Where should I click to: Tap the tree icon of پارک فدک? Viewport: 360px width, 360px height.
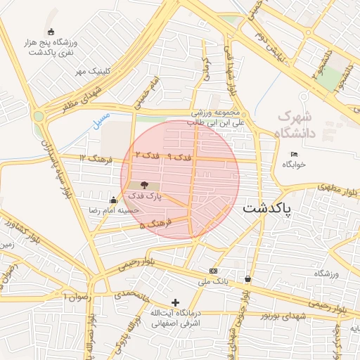145,184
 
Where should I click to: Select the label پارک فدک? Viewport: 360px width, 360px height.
146,197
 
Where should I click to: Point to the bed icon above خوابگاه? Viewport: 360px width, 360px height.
294,154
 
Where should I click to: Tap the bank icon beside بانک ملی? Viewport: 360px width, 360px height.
214,271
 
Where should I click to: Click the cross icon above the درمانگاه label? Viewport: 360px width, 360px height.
175,302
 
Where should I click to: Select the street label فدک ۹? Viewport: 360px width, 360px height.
179,158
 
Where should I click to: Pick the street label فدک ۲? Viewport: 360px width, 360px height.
148,154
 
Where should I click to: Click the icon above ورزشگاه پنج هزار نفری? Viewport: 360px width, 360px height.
51,32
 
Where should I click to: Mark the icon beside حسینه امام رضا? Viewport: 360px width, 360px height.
114,200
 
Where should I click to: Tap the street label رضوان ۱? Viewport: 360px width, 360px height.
77,297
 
